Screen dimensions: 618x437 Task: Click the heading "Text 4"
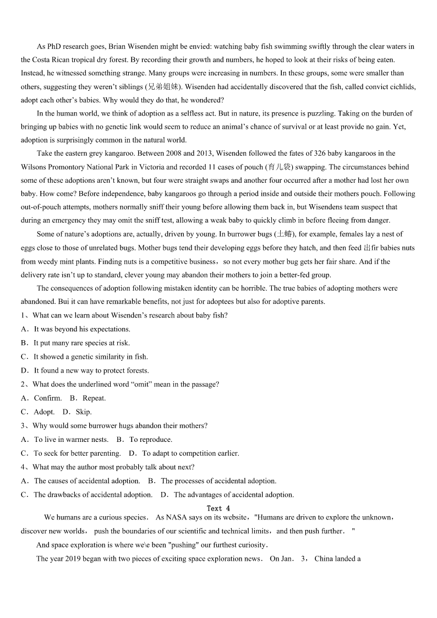pyautogui.click(x=218, y=508)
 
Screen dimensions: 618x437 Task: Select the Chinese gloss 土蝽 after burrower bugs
pyautogui.click(x=285, y=234)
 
